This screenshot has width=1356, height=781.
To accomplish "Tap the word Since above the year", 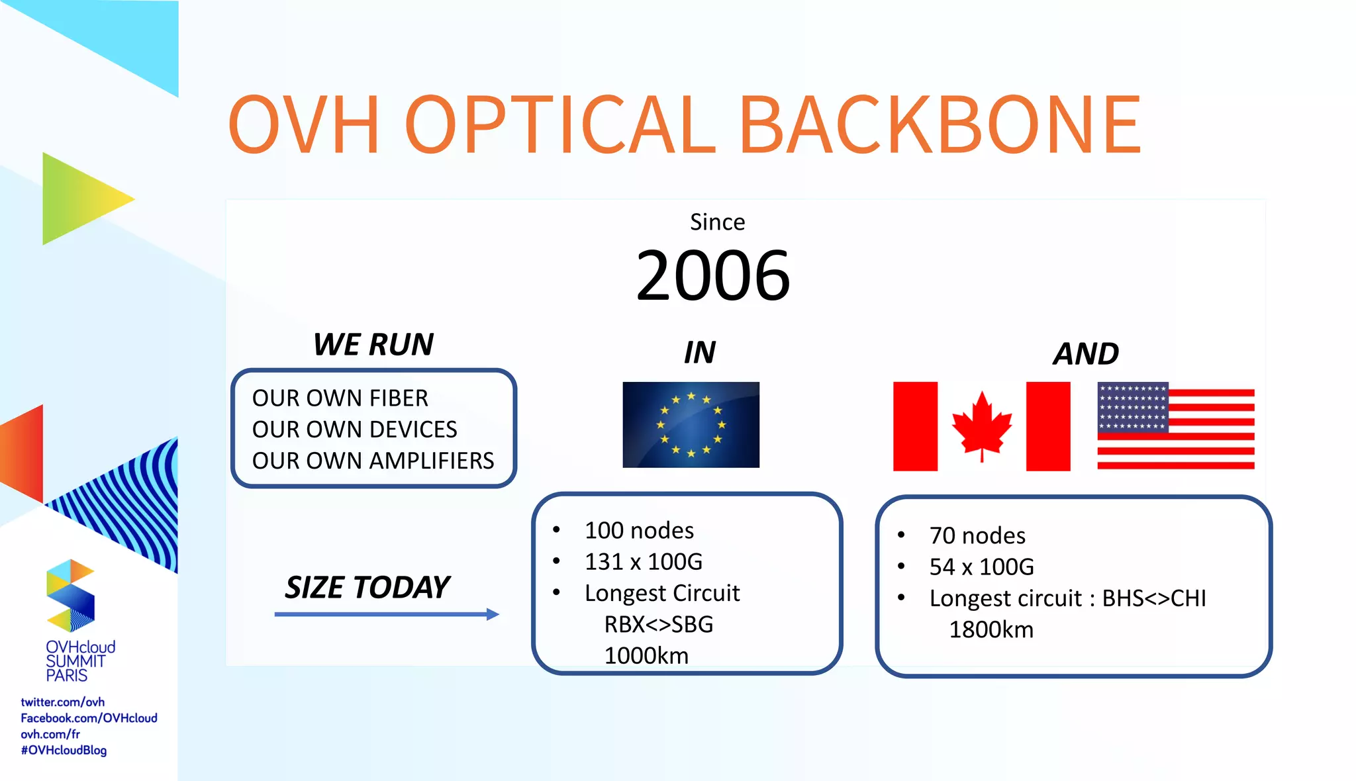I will point(717,222).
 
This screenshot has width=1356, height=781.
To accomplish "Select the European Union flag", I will point(691,425).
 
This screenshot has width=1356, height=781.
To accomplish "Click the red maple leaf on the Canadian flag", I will point(981,424).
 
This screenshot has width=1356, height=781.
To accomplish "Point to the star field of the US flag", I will point(1132,408).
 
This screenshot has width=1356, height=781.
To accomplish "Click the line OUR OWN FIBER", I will point(340,398).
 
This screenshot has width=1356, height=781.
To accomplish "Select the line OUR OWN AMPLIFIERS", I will point(373,461).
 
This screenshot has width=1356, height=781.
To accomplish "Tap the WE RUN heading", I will point(373,345).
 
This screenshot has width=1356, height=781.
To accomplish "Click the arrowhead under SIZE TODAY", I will point(493,614).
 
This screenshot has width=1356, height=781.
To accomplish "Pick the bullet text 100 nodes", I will point(639,531).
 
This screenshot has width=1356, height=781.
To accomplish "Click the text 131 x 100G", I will point(643,562).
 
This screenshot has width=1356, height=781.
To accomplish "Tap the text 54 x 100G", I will point(981,567).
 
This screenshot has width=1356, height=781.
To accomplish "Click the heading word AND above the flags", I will point(1086,354).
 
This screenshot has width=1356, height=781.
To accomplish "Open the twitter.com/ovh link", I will point(62,702).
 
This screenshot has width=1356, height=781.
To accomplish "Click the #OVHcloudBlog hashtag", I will point(64,751).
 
